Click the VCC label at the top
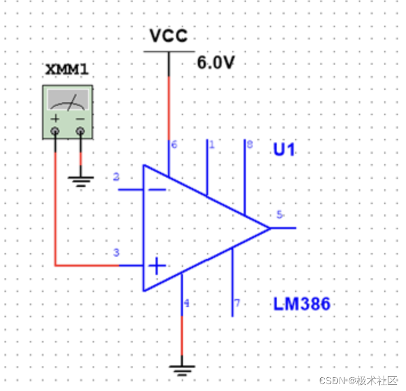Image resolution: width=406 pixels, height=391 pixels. coord(168,36)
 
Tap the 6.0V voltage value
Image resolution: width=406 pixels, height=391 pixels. coord(216,63)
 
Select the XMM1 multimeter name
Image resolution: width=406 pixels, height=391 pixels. coord(66,70)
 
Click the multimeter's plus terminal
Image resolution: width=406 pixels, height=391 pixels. coord(55,132)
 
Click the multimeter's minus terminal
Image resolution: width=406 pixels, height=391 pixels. coord(81,132)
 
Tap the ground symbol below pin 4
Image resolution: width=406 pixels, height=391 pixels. coord(182,370)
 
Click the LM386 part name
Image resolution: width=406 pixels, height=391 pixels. coord(302,304)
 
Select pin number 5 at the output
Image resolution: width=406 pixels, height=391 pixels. coord(280,215)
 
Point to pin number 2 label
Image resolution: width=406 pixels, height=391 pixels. coord(117,177)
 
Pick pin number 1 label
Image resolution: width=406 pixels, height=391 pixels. coord(211,145)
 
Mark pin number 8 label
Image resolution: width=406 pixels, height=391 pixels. coord(249,145)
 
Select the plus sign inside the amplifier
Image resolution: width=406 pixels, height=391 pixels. coord(157,266)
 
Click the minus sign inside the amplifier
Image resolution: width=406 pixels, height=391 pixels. coord(157,189)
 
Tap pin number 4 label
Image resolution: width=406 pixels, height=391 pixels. coord(186,304)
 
